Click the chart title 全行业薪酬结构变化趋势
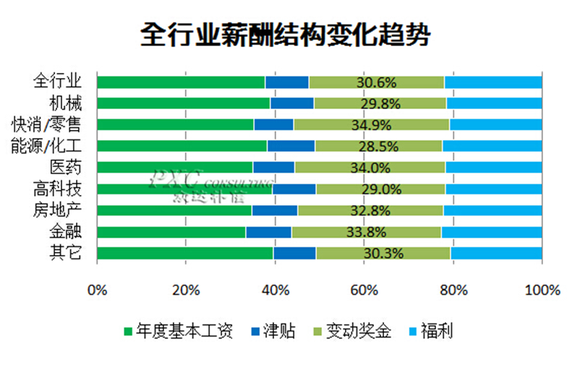click(290, 35)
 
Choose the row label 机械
click(66, 102)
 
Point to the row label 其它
click(66, 253)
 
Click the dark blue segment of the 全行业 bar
click(287, 82)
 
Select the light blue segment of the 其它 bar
click(496, 253)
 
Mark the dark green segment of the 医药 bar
click(174, 168)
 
